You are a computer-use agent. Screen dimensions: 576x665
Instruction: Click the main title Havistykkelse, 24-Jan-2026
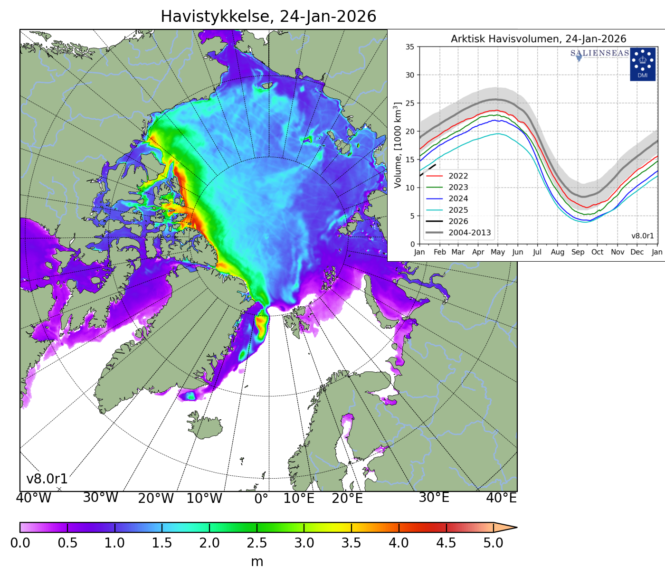click(x=268, y=17)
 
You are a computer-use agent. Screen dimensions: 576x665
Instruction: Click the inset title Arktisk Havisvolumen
click(x=538, y=39)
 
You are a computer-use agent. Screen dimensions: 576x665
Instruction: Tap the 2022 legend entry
click(x=458, y=176)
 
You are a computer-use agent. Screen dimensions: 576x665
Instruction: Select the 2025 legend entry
click(x=458, y=210)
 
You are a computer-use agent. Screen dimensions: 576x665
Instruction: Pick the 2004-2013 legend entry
click(x=469, y=233)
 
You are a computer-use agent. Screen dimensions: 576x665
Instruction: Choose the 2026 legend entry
click(x=458, y=221)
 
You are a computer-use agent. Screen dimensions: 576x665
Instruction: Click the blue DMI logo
click(x=642, y=64)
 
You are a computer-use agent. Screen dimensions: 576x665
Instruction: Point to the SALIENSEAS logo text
click(x=599, y=53)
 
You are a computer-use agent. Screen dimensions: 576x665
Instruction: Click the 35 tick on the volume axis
click(x=409, y=47)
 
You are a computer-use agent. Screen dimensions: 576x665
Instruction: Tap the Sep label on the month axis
click(x=578, y=252)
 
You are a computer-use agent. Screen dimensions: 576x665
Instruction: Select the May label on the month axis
click(x=498, y=252)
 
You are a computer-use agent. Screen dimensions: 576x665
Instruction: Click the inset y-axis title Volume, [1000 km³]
click(x=398, y=145)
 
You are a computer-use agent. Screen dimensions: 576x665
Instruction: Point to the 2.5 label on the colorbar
click(x=257, y=543)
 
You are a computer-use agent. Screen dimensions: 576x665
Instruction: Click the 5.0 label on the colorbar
click(x=493, y=543)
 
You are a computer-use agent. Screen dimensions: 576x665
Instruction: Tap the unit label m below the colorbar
click(x=257, y=562)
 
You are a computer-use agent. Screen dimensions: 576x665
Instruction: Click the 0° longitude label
click(x=262, y=499)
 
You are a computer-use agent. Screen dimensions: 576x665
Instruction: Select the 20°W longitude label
click(x=156, y=499)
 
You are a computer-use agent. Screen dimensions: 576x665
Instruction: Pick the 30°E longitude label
click(x=434, y=498)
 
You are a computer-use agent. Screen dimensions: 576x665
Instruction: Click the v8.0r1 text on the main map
click(x=47, y=479)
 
